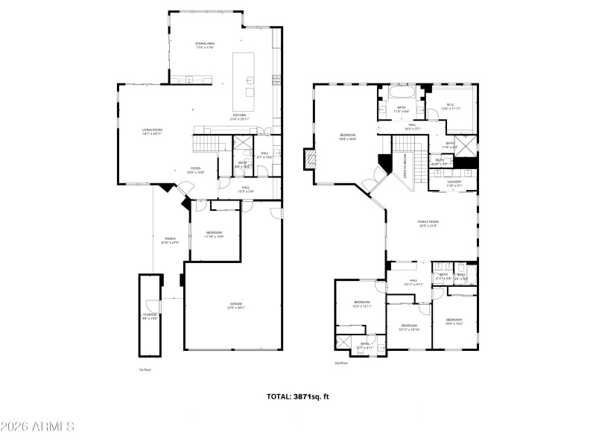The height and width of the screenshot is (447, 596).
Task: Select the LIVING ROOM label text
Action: (x=153, y=132)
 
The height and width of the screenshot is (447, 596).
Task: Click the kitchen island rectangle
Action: (x=244, y=81)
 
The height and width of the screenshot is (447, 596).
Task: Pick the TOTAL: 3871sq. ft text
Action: (x=297, y=396)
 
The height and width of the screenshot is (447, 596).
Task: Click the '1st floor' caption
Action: (x=145, y=370)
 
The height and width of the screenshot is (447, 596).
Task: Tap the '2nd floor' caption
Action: (x=342, y=363)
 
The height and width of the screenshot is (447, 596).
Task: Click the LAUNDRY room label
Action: (x=454, y=183)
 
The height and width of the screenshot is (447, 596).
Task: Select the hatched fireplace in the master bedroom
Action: (x=309, y=159)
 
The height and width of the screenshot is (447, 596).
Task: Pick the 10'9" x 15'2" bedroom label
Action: (x=454, y=321)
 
